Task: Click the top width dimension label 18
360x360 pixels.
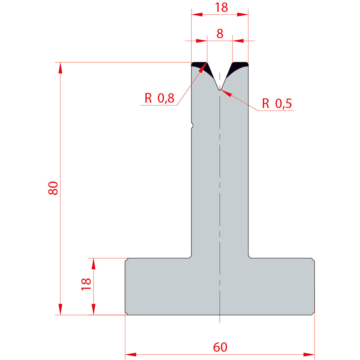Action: click(221, 7)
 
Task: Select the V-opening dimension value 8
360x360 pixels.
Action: click(220, 34)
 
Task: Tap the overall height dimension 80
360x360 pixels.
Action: click(53, 188)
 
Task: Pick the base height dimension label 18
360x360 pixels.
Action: click(86, 284)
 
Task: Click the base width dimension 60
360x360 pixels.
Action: click(220, 347)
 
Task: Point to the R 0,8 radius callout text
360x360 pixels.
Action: click(159, 98)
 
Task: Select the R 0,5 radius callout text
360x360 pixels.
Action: click(277, 103)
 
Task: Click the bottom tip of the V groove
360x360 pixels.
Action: click(220, 90)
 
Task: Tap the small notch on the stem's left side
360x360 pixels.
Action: click(192, 126)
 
